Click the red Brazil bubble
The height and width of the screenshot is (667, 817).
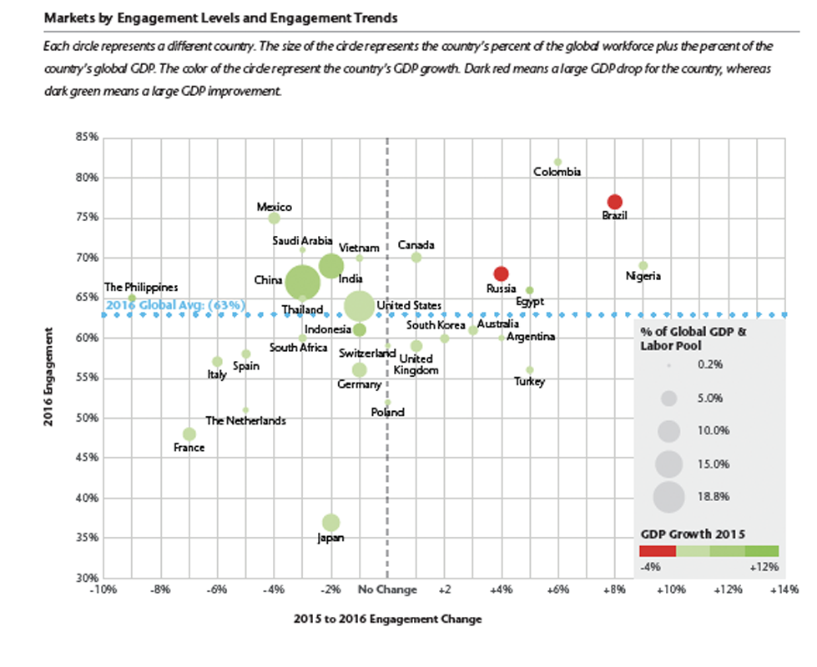click(615, 202)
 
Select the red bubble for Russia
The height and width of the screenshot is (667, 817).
click(501, 273)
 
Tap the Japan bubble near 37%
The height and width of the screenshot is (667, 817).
click(331, 523)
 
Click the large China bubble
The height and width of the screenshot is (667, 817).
click(303, 282)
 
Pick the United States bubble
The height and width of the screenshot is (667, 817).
click(359, 306)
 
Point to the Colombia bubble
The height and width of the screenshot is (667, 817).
click(557, 162)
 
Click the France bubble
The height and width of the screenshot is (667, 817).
click(189, 434)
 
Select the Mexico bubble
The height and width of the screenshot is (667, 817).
click(274, 218)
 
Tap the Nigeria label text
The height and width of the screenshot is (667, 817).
click(643, 276)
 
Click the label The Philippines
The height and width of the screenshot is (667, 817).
click(141, 287)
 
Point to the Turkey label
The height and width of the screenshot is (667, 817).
click(529, 382)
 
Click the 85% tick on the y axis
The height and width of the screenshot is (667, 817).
click(87, 138)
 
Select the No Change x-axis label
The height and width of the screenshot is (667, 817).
click(386, 590)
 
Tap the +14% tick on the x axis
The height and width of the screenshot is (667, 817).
click(784, 590)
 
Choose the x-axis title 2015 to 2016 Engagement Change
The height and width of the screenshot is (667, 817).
click(387, 619)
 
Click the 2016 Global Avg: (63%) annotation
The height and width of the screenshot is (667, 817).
click(176, 305)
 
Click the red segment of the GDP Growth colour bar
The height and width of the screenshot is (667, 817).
click(657, 551)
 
